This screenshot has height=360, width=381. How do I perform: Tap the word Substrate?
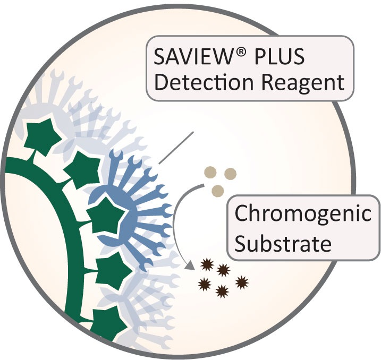pyautogui.click(x=283, y=244)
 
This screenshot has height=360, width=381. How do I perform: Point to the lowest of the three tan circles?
pyautogui.click(x=217, y=190)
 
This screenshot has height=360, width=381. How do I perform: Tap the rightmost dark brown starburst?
pyautogui.click(x=242, y=281)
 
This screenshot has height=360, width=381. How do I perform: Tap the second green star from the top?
pyautogui.click(x=81, y=167)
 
